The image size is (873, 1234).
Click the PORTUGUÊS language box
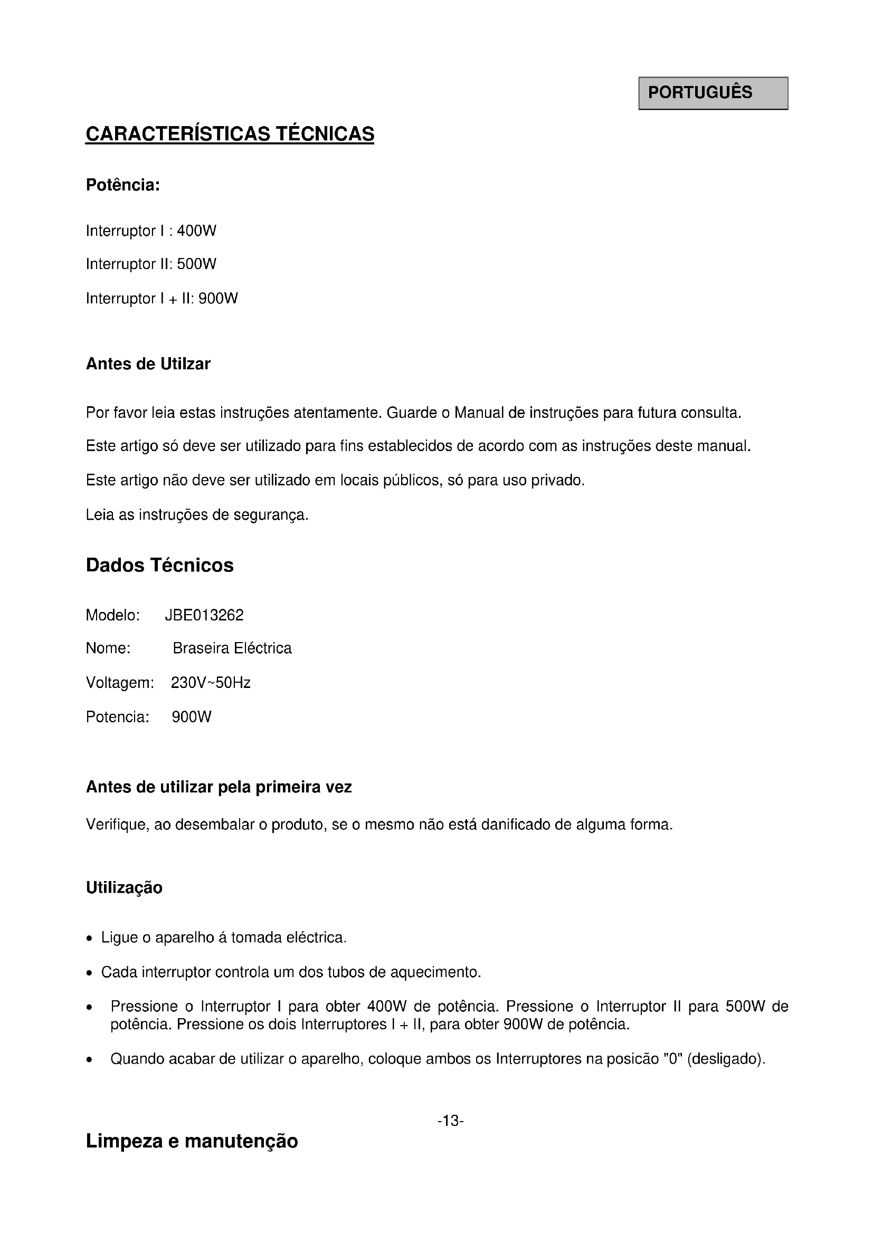(713, 93)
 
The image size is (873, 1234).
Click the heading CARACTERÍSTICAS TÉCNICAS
(230, 134)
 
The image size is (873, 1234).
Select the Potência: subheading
(123, 185)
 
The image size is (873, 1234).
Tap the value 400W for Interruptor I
(196, 231)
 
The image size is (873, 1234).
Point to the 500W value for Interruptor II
(196, 264)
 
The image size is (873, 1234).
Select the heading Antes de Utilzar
(148, 365)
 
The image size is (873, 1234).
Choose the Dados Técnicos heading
(159, 566)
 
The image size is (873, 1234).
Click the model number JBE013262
(204, 615)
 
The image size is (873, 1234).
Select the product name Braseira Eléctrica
(232, 649)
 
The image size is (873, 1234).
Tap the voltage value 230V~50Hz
(211, 683)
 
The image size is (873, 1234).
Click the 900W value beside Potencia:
(192, 718)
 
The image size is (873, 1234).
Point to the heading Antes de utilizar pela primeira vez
(219, 787)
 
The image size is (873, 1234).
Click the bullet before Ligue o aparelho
(90, 939)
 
